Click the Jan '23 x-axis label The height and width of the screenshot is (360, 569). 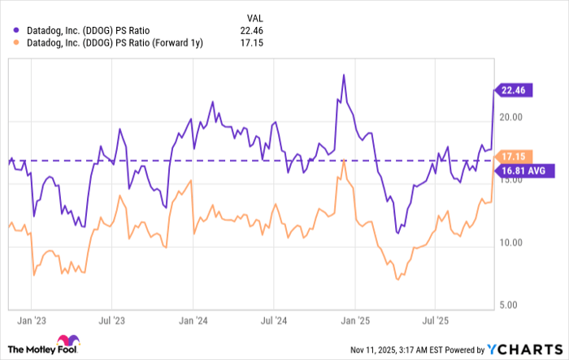pyautogui.click(x=32, y=320)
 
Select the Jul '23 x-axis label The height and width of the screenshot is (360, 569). pyautogui.click(x=113, y=320)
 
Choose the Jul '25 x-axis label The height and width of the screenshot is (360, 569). pyautogui.click(x=438, y=320)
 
